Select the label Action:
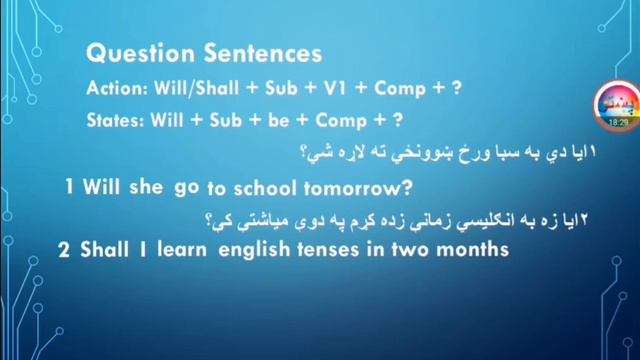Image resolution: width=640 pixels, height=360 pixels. [x=115, y=88]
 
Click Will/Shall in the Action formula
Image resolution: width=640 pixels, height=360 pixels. [x=195, y=88]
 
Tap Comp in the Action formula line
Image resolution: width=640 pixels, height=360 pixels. [x=398, y=88]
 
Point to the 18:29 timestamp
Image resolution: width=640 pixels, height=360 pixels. [x=615, y=122]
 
